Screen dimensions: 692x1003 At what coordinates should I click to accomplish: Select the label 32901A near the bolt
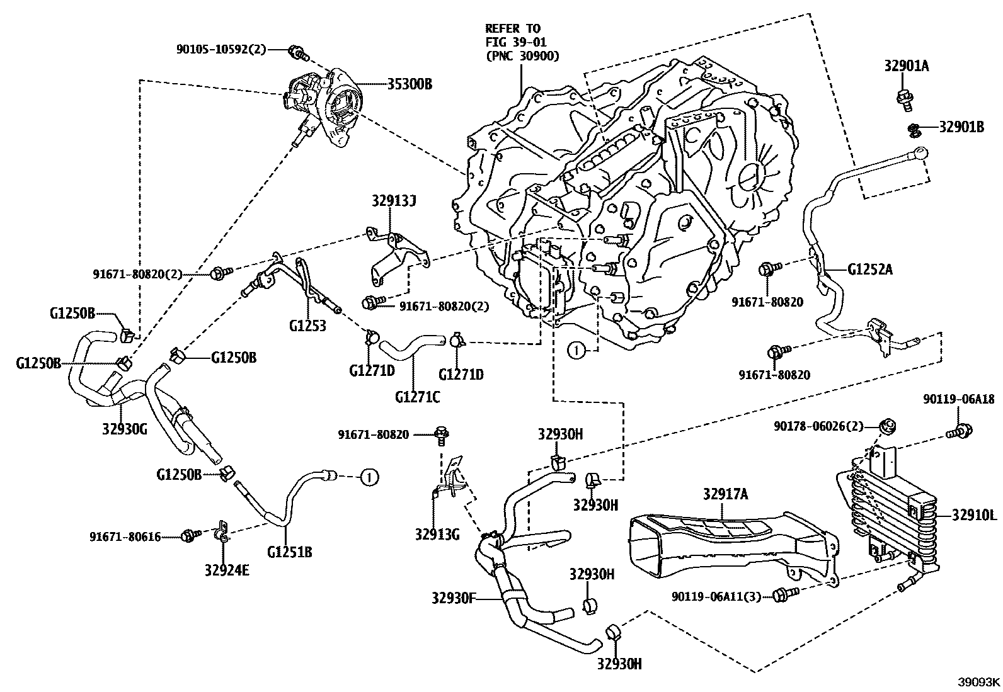906,66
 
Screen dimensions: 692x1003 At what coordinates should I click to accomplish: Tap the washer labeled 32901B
912,129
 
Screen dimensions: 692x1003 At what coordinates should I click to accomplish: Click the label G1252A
869,271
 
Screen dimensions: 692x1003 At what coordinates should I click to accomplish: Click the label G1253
307,326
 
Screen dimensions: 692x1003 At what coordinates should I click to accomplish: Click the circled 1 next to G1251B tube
369,478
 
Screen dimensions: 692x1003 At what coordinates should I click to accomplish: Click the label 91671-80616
125,537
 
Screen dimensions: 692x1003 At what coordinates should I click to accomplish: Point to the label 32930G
124,429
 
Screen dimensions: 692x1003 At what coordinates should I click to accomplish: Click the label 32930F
453,597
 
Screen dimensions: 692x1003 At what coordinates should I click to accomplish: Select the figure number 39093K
979,682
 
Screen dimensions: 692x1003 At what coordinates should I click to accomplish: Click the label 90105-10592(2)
221,49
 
